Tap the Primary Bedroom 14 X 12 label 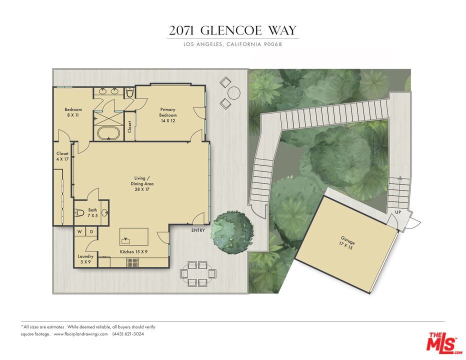167,112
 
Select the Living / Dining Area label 139,183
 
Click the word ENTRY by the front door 198,230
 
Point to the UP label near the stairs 398,212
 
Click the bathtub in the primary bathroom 107,133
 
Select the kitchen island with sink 133,236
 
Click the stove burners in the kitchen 132,262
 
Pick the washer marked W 79,231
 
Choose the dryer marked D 91,231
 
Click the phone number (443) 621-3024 128,334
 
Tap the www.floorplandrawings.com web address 80,334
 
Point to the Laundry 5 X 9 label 85,259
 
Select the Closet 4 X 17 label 62,156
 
